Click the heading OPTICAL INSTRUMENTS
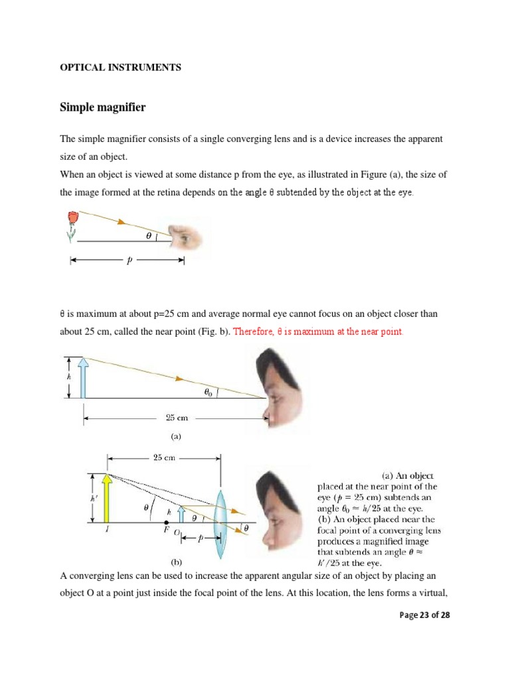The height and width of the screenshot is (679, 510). pos(121,68)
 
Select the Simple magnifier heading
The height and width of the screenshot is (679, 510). pos(103,107)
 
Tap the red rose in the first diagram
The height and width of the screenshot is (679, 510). pos(72,217)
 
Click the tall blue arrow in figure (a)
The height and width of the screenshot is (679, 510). pos(82,378)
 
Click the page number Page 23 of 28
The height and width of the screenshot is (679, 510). pos(424,615)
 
